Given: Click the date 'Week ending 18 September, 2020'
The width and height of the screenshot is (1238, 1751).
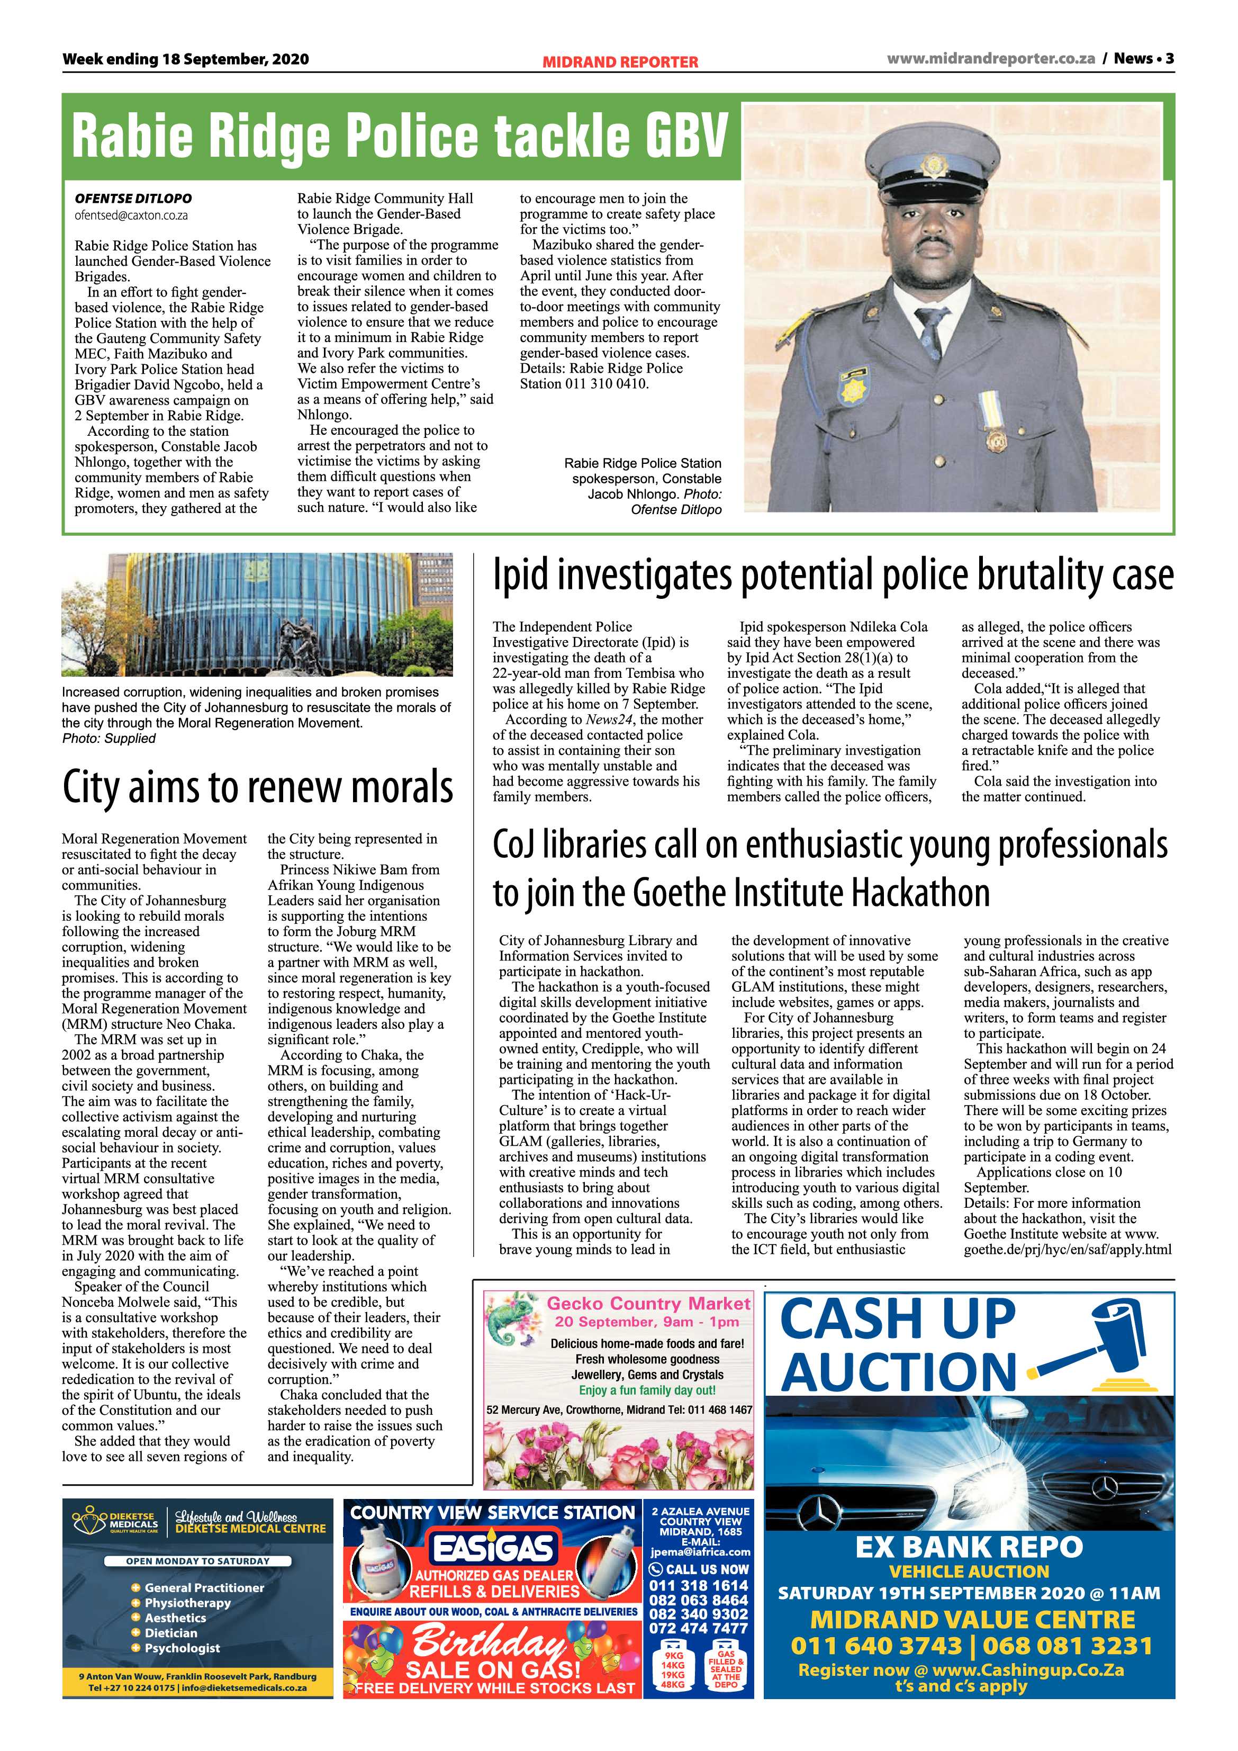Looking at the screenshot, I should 185,59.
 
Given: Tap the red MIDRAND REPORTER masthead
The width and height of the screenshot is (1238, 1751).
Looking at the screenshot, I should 620,62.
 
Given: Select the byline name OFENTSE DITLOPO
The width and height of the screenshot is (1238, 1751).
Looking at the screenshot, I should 133,198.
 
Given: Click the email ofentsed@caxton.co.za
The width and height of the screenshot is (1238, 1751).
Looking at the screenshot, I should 131,216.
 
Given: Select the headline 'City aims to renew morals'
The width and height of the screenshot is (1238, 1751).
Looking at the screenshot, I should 258,788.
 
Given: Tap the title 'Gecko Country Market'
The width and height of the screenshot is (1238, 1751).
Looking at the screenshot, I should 649,1304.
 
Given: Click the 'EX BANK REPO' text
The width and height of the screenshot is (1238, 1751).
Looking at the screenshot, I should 969,1547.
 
